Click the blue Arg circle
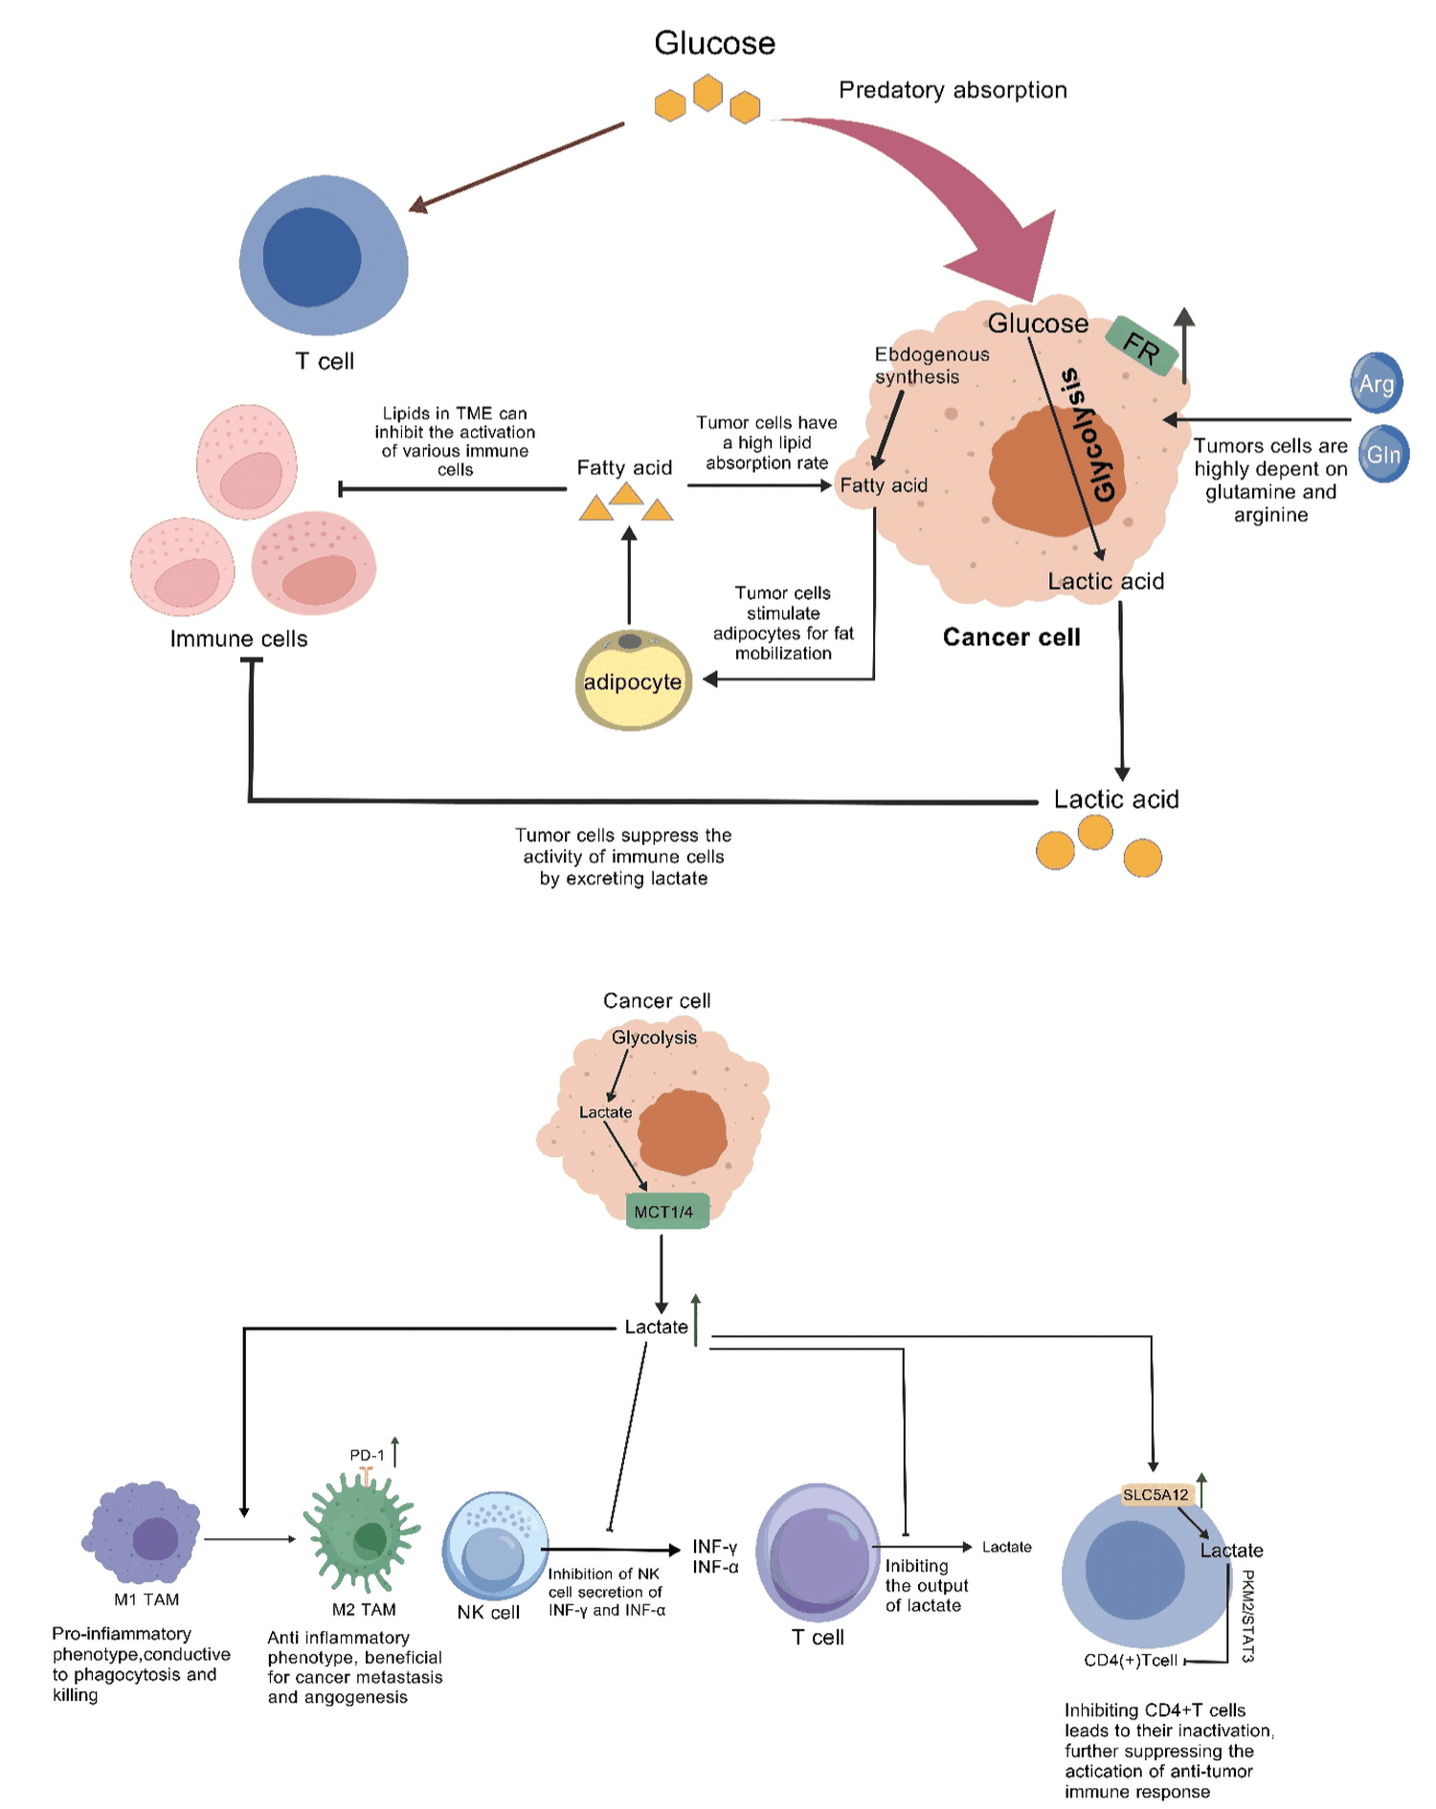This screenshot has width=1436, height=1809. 1376,383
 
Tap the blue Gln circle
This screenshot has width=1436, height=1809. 1382,454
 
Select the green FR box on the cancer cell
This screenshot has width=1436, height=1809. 1141,346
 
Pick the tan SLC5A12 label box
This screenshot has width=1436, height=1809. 1156,1494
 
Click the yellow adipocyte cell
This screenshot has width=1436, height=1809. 633,681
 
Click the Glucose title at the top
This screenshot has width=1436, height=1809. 714,43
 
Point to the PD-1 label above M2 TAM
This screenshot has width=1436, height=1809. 366,1455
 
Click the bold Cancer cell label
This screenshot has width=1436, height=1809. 1011,637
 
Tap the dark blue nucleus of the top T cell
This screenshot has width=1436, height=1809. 311,257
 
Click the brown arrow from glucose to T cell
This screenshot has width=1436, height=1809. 517,167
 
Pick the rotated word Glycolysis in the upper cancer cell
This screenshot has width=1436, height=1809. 1089,435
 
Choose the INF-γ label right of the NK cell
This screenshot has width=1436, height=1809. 714,1547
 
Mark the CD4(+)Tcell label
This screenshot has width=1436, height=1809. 1130,1660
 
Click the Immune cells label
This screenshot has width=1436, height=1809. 238,639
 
